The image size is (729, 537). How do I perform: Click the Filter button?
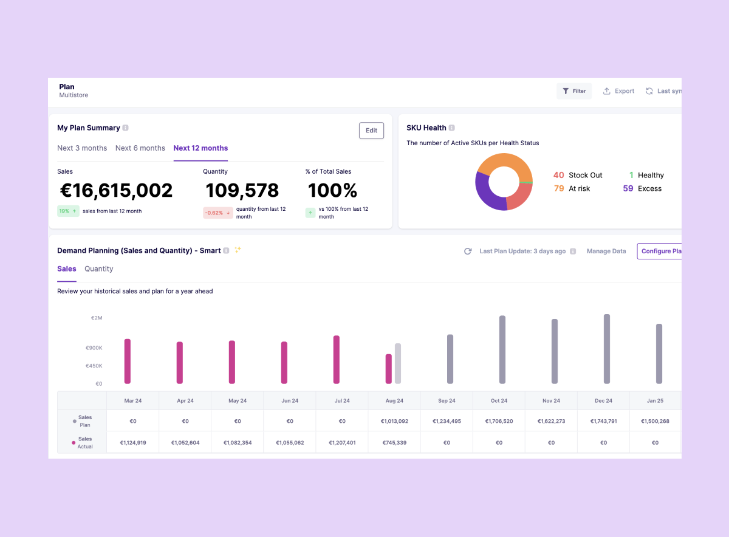[574, 91]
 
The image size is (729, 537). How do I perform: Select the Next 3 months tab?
[82, 148]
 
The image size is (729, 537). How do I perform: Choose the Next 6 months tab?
[140, 148]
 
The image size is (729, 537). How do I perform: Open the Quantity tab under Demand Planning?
[99, 269]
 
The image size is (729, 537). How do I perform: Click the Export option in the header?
[618, 91]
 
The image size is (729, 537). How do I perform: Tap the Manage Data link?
[606, 251]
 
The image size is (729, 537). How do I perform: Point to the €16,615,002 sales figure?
[116, 191]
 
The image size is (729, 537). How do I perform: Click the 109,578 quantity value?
[242, 191]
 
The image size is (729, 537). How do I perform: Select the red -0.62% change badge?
[217, 213]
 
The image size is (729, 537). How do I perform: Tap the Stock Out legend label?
[586, 176]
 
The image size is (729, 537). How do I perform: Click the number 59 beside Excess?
[628, 189]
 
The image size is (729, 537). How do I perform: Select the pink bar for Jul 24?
[337, 360]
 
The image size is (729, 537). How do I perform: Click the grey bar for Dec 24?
[607, 349]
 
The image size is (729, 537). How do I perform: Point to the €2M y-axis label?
[96, 318]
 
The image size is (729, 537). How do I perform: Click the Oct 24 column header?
[499, 401]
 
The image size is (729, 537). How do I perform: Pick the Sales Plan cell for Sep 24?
[447, 421]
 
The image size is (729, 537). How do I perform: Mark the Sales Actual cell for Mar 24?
[133, 443]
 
